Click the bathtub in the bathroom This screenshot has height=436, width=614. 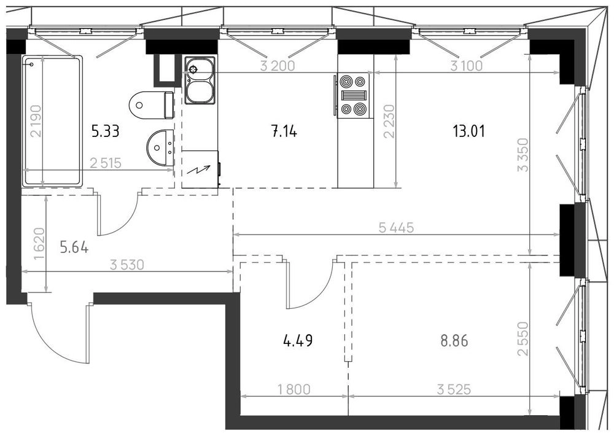click(x=52, y=121)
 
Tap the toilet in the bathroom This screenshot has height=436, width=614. click(x=151, y=105)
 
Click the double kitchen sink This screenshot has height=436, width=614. click(x=200, y=80)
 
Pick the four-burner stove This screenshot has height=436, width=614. click(x=354, y=96)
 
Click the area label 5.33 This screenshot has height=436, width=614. click(x=105, y=131)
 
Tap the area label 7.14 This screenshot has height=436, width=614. click(x=284, y=131)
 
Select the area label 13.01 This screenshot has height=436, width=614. click(x=468, y=131)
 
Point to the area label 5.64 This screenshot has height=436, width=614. click(x=74, y=247)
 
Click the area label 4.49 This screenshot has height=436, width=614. click(x=298, y=340)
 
